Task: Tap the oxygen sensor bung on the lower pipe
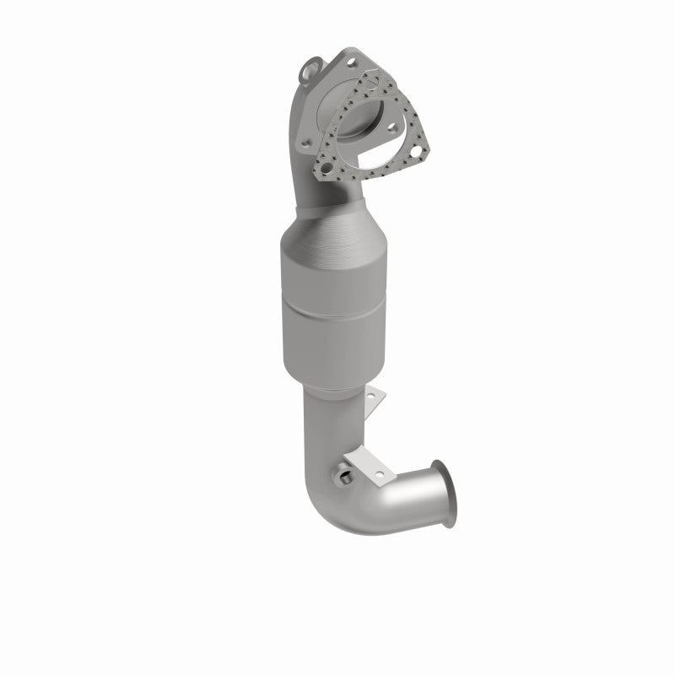[x=346, y=480]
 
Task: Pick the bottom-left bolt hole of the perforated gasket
[x=321, y=170]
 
